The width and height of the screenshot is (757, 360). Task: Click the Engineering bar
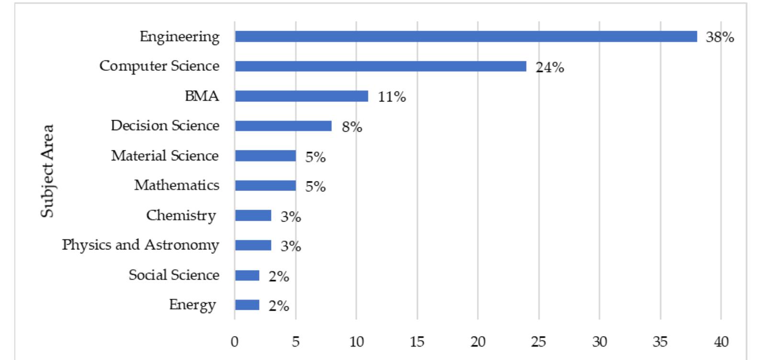[465, 36]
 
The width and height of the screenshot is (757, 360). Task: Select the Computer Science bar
[380, 66]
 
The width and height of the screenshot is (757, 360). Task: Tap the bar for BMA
[301, 96]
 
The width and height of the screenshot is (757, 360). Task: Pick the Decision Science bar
[283, 126]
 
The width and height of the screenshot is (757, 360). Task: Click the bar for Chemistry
[253, 215]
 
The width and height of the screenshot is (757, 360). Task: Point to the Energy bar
[247, 305]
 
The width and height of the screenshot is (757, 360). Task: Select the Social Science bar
[247, 275]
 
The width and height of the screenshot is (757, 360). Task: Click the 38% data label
[720, 37]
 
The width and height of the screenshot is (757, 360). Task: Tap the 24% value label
[550, 67]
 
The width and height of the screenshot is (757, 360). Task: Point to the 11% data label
[392, 97]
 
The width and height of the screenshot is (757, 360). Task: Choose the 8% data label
[352, 127]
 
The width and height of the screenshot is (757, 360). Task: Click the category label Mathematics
[177, 185]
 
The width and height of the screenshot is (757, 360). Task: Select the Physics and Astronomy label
[140, 245]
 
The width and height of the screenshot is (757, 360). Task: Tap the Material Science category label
[165, 156]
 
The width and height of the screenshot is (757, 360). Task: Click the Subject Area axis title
[47, 171]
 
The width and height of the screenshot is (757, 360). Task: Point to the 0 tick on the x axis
[235, 341]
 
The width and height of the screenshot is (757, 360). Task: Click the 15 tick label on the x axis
[417, 341]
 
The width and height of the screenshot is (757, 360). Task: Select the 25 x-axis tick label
[539, 341]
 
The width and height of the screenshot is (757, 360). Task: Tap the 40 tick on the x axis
[721, 341]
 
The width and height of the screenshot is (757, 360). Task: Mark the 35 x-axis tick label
[660, 341]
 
